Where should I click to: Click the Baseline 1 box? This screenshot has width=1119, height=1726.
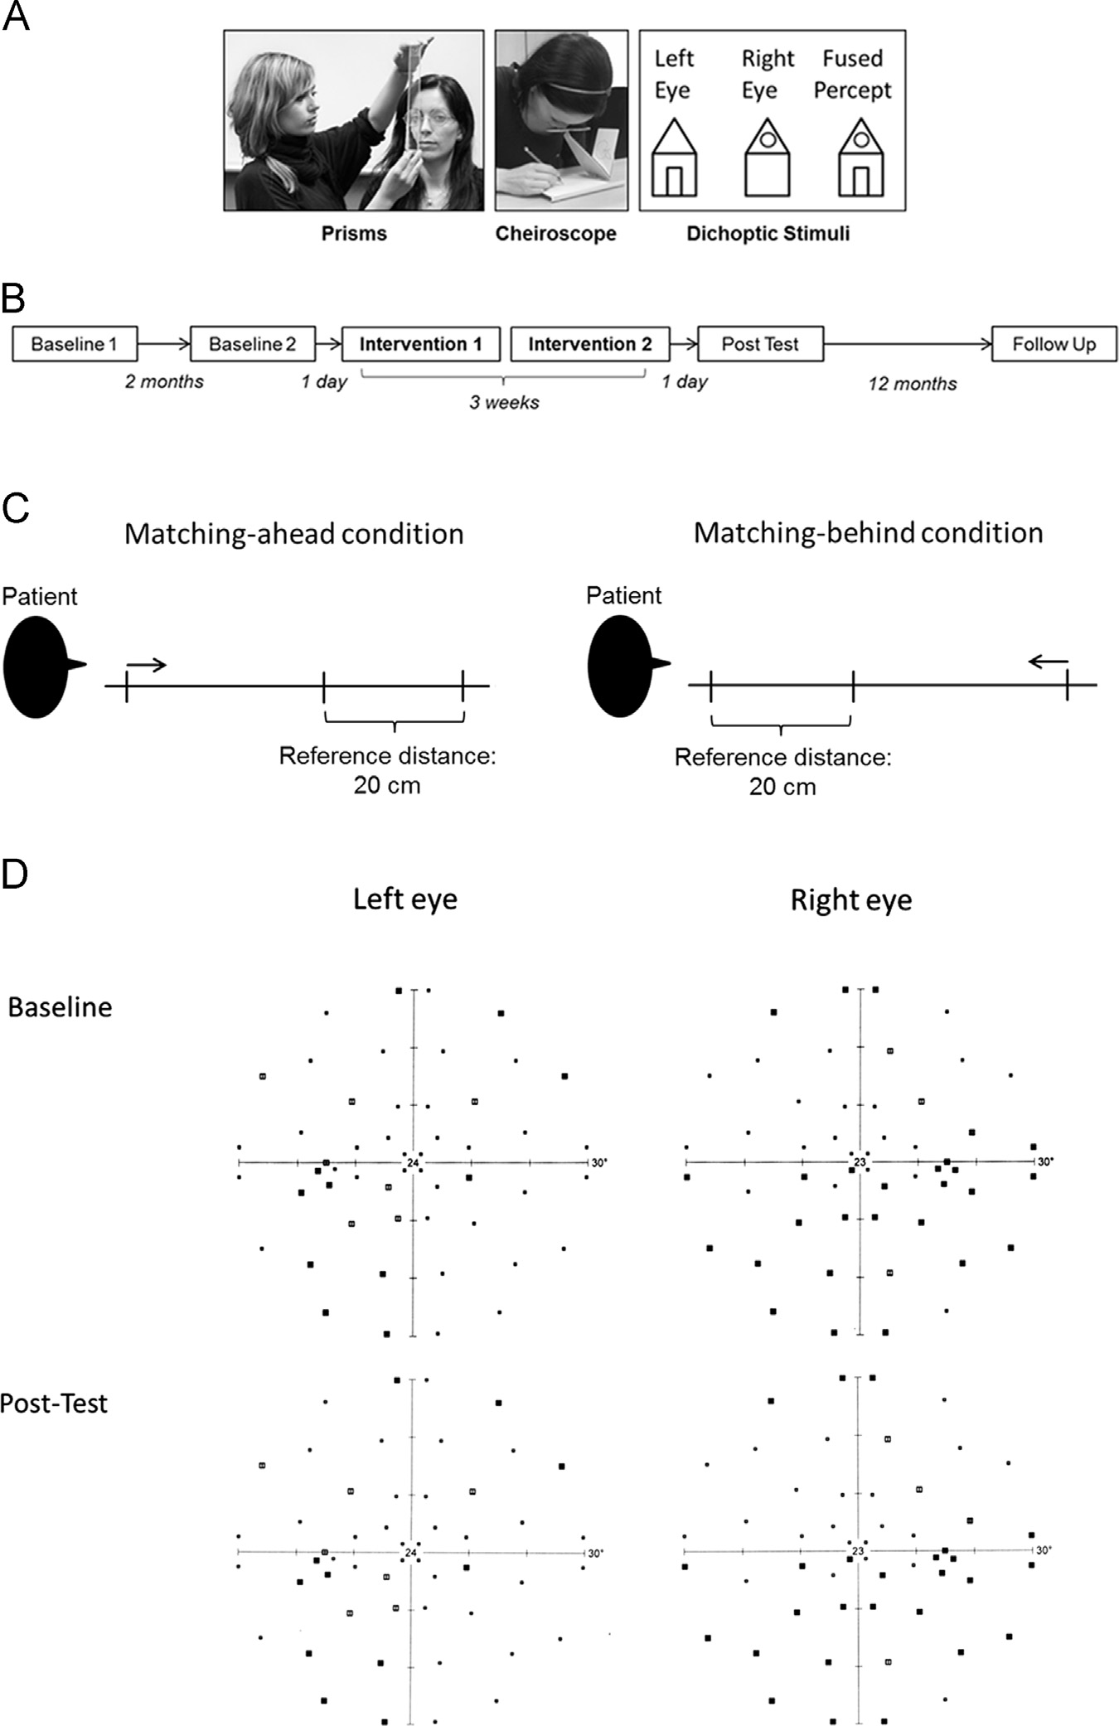75,344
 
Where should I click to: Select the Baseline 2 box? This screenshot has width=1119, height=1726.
252,344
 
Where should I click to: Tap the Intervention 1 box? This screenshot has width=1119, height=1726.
420,344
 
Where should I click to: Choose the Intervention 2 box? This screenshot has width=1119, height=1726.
589,344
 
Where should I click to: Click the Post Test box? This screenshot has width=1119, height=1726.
760,344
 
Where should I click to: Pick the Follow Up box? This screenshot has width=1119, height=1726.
1054,344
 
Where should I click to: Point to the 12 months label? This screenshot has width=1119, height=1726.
912,384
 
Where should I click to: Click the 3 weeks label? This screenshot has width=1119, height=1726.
504,403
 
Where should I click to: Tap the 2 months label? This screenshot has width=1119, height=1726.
164,381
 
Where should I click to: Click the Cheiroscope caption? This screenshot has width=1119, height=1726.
555,234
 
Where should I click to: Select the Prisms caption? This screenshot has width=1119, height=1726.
354,234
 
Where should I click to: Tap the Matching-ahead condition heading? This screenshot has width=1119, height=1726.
293,534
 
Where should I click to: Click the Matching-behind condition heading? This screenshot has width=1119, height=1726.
868,533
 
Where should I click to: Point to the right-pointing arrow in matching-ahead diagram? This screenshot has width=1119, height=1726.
147,664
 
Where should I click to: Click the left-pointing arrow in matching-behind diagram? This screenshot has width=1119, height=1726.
1048,661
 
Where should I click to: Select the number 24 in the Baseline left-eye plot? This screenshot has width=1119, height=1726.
412,1163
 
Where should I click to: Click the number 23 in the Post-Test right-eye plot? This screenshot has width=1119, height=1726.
857,1551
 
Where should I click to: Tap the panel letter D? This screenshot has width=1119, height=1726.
15,875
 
